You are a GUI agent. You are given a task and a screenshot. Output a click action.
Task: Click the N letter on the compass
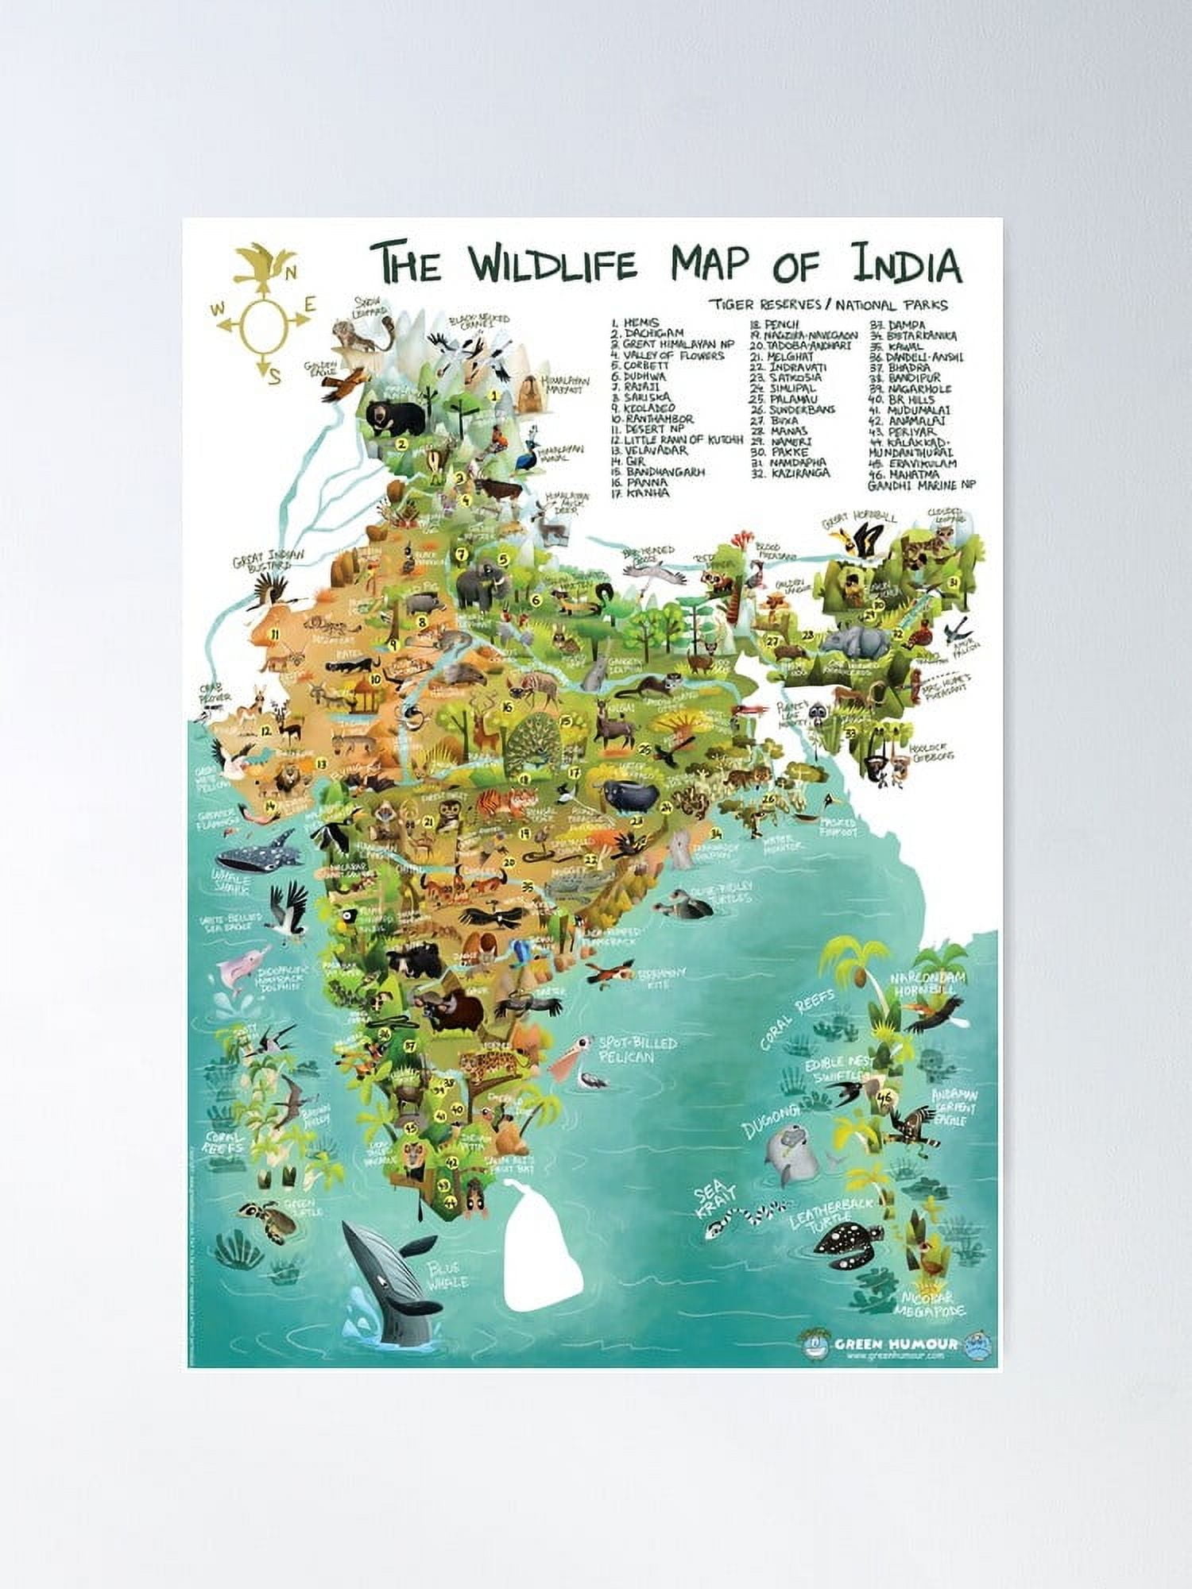click(291, 273)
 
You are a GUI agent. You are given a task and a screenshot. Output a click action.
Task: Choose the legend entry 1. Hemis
click(636, 323)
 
